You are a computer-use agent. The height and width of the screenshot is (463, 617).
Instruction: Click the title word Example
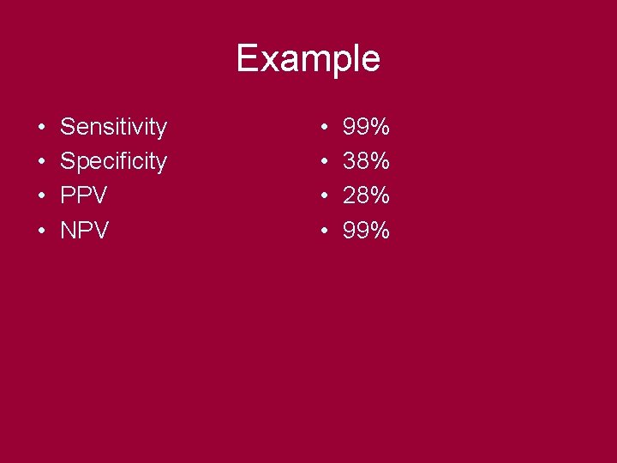click(x=308, y=59)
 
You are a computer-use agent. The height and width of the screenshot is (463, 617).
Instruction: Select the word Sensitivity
click(x=113, y=128)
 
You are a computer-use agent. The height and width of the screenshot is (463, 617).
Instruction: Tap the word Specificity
click(x=113, y=162)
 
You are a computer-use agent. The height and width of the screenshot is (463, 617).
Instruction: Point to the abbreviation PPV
click(x=83, y=196)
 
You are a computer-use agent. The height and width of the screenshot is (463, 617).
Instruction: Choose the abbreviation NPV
click(x=84, y=231)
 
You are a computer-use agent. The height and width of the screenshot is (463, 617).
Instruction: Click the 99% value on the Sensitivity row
click(x=366, y=128)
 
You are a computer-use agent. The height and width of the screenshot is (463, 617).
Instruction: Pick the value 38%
click(x=366, y=162)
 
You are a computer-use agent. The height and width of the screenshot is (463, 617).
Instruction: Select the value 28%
click(x=366, y=196)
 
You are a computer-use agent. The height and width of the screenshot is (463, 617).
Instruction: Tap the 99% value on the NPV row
click(x=366, y=231)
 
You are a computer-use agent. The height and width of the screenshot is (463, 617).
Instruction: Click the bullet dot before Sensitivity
click(x=41, y=129)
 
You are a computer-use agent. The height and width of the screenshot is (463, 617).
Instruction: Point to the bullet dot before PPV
click(x=41, y=197)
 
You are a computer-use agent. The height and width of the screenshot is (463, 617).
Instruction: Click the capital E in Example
click(x=247, y=58)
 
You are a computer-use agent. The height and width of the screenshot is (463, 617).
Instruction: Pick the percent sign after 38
click(x=380, y=162)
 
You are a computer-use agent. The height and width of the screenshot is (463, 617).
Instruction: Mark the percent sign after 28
click(x=380, y=196)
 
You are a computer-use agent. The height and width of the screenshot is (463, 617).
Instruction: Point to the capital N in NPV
click(x=68, y=231)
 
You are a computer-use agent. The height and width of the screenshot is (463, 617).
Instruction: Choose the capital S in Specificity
click(x=67, y=162)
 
